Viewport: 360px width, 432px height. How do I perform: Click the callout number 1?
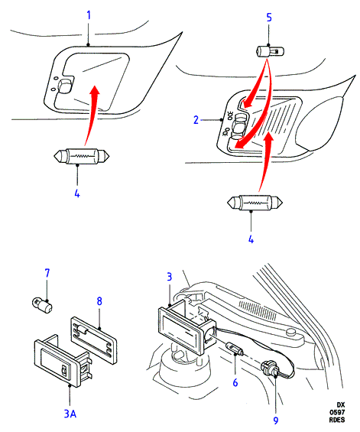tap(89, 15)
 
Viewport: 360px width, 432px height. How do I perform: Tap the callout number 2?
tap(196, 120)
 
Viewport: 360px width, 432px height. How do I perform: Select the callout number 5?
tap(269, 18)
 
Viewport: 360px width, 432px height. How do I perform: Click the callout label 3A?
tap(70, 414)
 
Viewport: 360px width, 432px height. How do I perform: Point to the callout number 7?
tap(47, 273)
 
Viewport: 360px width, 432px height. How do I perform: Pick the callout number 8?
tap(99, 301)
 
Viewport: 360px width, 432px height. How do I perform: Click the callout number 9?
tap(276, 421)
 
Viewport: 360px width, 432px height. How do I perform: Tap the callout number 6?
tap(235, 382)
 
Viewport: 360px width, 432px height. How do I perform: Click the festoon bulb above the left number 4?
tap(82, 156)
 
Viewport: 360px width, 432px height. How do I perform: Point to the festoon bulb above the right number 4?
tap(255, 203)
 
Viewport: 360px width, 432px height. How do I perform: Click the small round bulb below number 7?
tap(42, 304)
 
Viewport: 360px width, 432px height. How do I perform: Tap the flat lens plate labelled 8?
tap(94, 340)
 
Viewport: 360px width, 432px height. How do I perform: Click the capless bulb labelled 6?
tap(234, 349)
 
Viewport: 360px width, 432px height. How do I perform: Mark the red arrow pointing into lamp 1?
tap(92, 115)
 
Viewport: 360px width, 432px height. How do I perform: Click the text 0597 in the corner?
tap(337, 412)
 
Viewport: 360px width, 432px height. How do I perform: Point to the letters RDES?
tap(337, 420)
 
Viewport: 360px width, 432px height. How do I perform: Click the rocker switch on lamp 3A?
tap(64, 370)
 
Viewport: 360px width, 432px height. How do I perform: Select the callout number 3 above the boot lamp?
tap(170, 277)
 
